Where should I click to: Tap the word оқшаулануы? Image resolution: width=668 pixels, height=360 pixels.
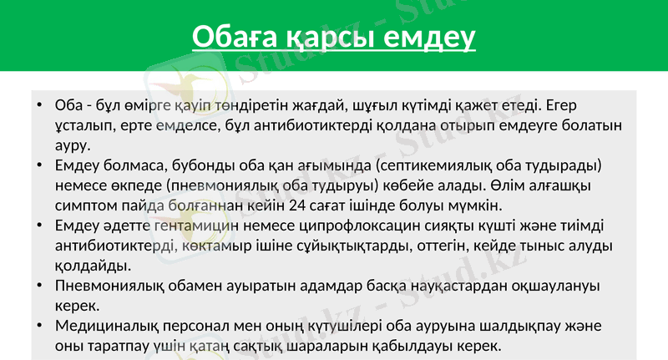548,286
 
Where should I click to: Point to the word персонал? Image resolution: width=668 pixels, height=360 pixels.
200,327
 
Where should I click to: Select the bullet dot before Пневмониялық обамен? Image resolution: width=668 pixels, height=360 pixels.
39,286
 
